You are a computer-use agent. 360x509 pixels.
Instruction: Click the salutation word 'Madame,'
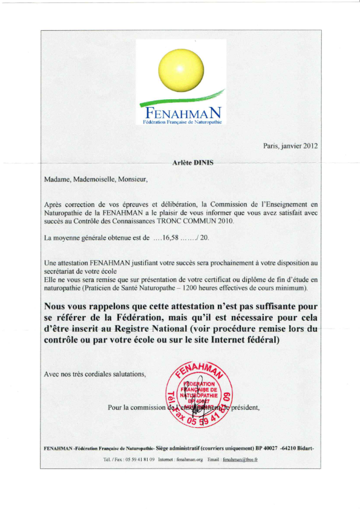click(59, 179)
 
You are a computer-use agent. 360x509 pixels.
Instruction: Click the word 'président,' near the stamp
click(245, 407)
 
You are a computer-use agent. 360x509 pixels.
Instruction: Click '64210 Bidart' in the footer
click(296, 448)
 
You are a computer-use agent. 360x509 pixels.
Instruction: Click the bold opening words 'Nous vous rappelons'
click(88, 306)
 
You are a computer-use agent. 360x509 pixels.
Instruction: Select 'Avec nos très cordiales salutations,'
click(95, 373)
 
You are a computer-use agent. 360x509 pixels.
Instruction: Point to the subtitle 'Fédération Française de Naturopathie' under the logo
click(182, 123)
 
